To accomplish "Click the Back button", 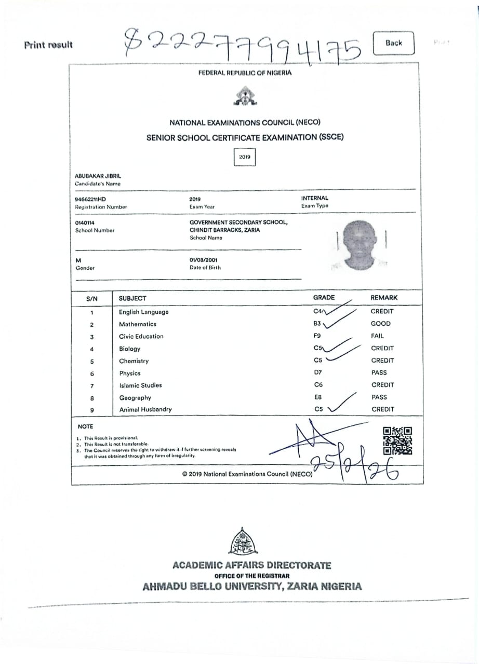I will pyautogui.click(x=394, y=43).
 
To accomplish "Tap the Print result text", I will pyautogui.click(x=48, y=45).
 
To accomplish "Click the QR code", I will pyautogui.click(x=397, y=441).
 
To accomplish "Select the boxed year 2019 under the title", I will pyautogui.click(x=245, y=157).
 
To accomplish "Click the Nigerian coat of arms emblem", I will pyautogui.click(x=245, y=96).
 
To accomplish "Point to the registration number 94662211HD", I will pyautogui.click(x=90, y=199).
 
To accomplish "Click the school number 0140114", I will pyautogui.click(x=85, y=223).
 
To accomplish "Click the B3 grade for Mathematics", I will pyautogui.click(x=318, y=323).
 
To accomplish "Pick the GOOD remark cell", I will pyautogui.click(x=381, y=323).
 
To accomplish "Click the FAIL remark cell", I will pyautogui.click(x=378, y=336).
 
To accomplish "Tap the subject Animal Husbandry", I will pyautogui.click(x=145, y=409).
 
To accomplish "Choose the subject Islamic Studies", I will pyautogui.click(x=140, y=385).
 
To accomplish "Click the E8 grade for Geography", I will pyautogui.click(x=318, y=397).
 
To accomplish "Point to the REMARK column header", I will pyautogui.click(x=384, y=298).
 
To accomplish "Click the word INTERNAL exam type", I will pyautogui.click(x=315, y=198).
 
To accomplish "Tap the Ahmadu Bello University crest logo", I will pyautogui.click(x=243, y=542).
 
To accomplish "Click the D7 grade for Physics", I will pyautogui.click(x=318, y=372).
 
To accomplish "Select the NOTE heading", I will pyautogui.click(x=85, y=426).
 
